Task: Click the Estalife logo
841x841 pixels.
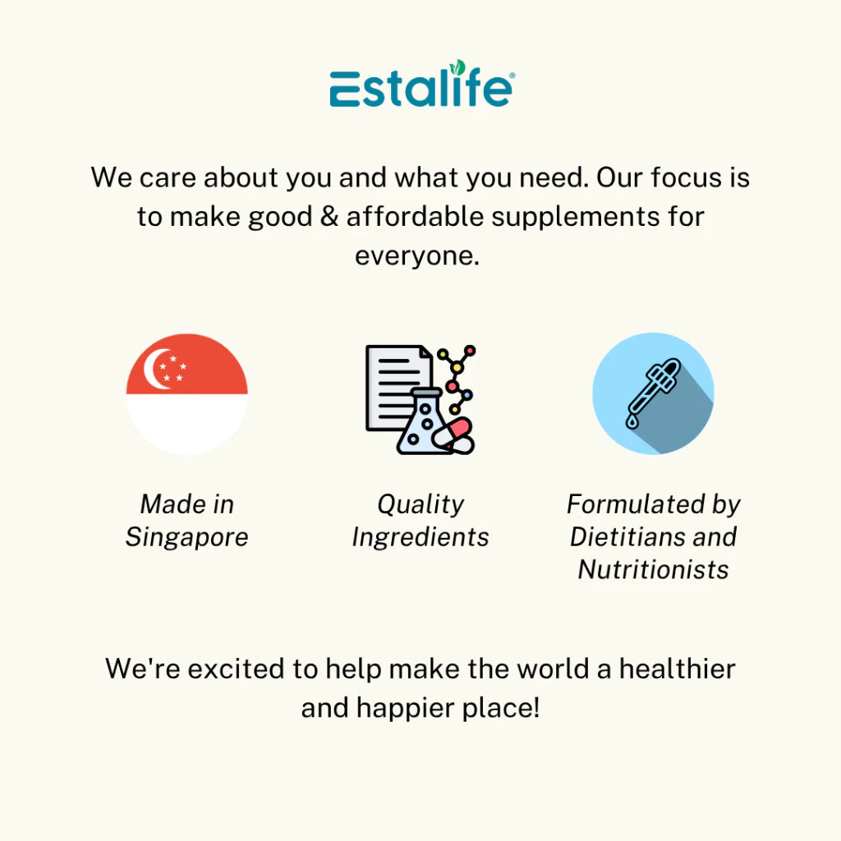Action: point(421,84)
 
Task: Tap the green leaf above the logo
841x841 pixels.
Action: point(457,67)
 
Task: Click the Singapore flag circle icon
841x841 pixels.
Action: point(186,394)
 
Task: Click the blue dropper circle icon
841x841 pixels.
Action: point(653,393)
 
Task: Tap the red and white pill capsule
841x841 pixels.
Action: point(453,435)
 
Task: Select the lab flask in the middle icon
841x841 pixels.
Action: point(421,423)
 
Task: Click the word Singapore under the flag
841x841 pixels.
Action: point(186,538)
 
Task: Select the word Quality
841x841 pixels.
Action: point(420,505)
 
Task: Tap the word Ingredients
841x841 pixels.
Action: point(420,538)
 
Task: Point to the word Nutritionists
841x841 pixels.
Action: point(653,570)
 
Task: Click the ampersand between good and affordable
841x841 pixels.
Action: point(329,217)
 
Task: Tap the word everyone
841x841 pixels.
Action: point(416,257)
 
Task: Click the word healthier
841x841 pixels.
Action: point(677,669)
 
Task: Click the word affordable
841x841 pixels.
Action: point(415,217)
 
